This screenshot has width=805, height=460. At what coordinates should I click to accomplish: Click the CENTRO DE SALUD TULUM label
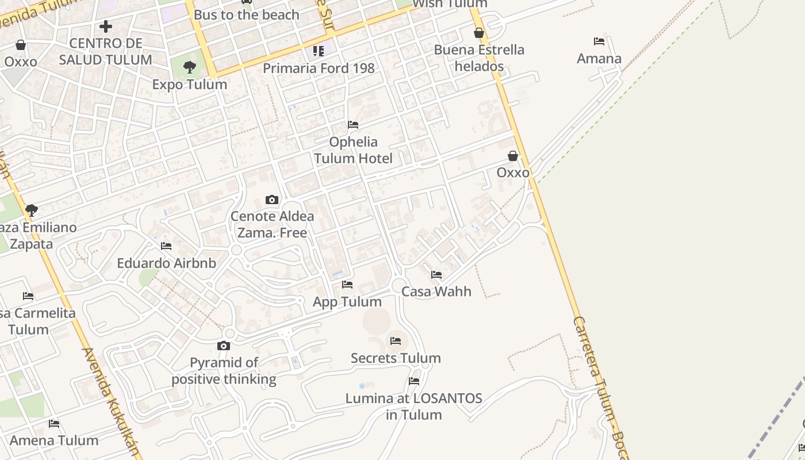click(x=105, y=51)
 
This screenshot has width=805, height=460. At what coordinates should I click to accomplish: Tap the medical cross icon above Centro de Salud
click(x=106, y=26)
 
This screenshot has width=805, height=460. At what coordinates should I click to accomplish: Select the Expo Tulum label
click(x=189, y=85)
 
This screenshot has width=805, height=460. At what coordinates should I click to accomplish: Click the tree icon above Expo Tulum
click(x=189, y=68)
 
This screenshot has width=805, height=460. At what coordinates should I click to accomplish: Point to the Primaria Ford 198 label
click(x=319, y=68)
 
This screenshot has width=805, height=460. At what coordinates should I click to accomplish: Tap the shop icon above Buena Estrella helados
click(x=478, y=33)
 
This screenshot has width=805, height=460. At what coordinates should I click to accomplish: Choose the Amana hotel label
click(x=599, y=59)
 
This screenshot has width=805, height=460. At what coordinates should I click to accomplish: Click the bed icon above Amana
click(x=599, y=41)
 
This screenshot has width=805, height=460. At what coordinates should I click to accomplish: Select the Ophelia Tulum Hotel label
click(x=352, y=150)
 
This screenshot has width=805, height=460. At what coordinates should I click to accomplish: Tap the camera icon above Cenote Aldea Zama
click(x=272, y=200)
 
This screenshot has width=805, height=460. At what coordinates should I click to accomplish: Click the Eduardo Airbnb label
click(x=166, y=263)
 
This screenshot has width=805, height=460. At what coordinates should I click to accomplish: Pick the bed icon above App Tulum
click(x=347, y=285)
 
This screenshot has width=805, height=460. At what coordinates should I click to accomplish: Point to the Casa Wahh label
click(x=436, y=292)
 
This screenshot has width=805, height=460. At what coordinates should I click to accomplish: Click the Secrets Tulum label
click(x=396, y=358)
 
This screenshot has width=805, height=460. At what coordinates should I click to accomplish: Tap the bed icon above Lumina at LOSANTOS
click(x=413, y=381)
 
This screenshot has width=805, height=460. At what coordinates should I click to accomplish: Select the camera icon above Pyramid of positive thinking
click(x=224, y=346)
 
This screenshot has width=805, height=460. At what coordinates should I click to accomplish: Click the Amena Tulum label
click(x=54, y=440)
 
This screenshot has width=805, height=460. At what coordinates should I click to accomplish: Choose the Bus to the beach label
click(x=246, y=15)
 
